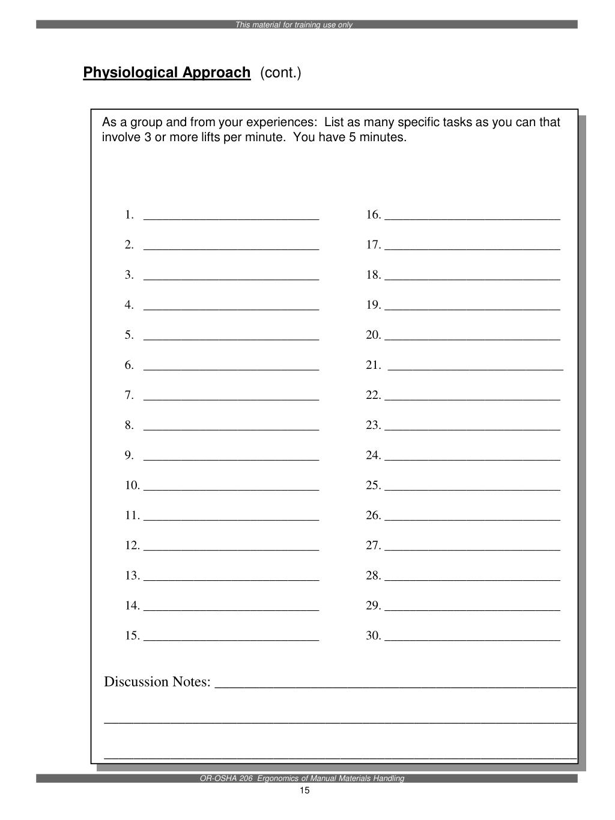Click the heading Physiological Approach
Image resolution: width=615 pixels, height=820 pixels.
[x=166, y=73]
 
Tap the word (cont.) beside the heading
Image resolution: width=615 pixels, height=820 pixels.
[x=280, y=73]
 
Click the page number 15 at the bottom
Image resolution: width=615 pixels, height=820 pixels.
[x=304, y=791]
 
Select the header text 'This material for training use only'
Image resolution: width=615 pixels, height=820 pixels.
[x=294, y=25]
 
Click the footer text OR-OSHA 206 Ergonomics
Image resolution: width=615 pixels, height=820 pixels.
[x=302, y=778]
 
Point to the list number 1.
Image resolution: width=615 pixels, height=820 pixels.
[x=129, y=215]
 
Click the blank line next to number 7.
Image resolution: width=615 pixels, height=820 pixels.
[x=231, y=399]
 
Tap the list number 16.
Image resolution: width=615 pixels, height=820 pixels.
[x=374, y=215]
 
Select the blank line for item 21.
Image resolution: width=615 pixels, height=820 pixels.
[x=476, y=369]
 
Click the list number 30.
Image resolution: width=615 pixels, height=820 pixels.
[x=374, y=636]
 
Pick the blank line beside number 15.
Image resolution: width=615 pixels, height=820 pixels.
[x=231, y=640]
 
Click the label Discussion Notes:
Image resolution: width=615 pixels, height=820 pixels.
[x=157, y=682]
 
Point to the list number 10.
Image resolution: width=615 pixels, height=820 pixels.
[x=132, y=485]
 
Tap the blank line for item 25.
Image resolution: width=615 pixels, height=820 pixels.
[x=472, y=489]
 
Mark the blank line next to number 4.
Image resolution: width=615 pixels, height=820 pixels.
[x=231, y=309]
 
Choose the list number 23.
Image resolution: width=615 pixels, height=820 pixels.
[x=374, y=425]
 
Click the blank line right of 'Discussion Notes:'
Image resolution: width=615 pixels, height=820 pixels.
[x=395, y=684]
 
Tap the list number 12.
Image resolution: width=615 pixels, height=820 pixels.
[x=132, y=545]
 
